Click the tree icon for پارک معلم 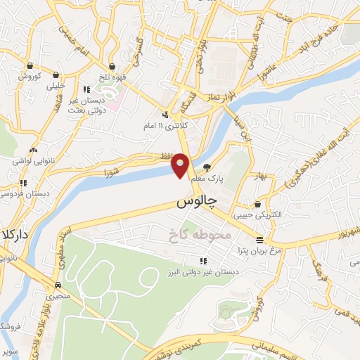(207, 167)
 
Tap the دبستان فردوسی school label (22, 193)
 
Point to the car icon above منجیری (58, 285)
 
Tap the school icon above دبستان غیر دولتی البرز (204, 261)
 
